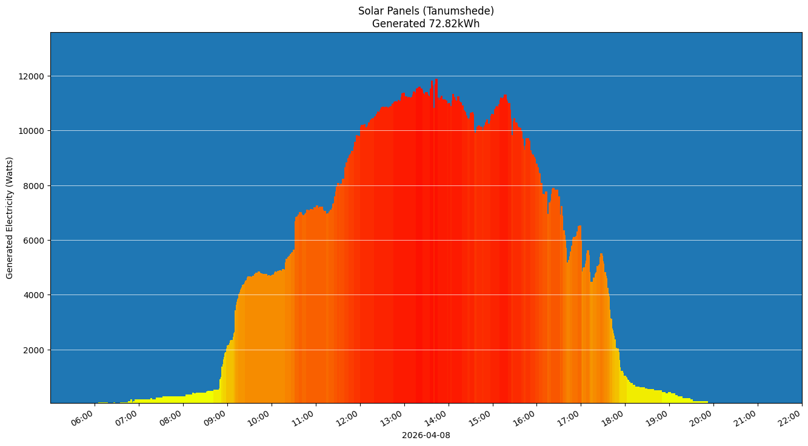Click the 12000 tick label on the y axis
tap(33, 76)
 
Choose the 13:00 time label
tap(393, 418)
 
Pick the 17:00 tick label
tap(570, 418)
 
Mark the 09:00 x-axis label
tap(216, 418)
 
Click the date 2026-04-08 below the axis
tap(426, 435)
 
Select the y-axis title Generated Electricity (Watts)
tap(10, 218)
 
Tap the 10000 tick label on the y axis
tap(33, 131)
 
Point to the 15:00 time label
tap(481, 418)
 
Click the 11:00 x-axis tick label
tap(304, 418)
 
